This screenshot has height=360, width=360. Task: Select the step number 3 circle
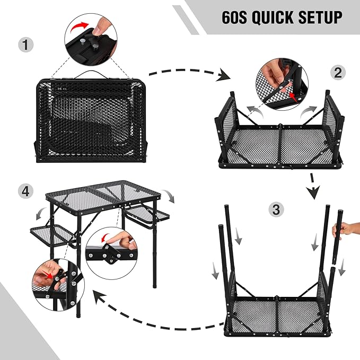point(275,209)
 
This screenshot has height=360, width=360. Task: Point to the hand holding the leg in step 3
point(347,230)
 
